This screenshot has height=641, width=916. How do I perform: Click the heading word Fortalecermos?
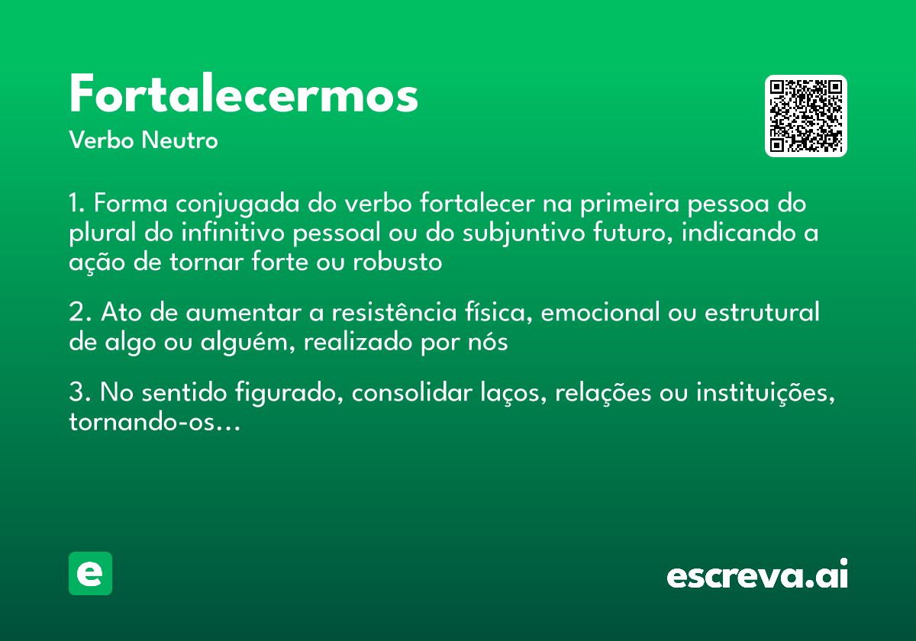[x=244, y=95]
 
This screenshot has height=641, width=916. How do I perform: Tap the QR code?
[x=806, y=116]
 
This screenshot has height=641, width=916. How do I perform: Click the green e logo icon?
[x=90, y=573]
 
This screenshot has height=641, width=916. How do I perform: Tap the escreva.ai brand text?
[x=757, y=575]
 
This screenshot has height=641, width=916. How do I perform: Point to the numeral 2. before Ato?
[x=80, y=313]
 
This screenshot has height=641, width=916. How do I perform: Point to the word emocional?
[x=599, y=313]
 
